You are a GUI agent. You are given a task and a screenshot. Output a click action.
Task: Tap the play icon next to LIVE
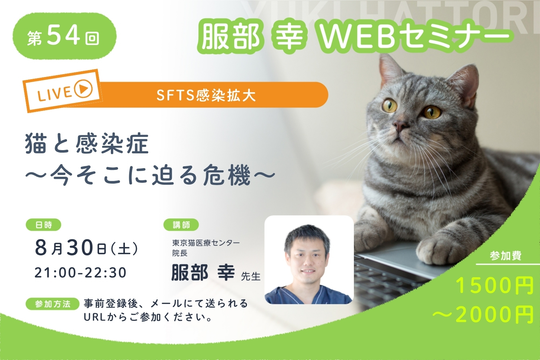click(x=83, y=89)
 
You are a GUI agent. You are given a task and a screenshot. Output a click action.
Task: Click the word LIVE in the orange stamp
click(x=54, y=93)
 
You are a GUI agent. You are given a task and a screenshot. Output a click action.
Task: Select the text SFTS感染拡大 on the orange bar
click(x=206, y=95)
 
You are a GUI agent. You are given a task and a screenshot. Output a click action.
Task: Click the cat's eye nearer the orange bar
click(x=390, y=106)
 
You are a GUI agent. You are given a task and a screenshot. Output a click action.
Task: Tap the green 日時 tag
click(x=44, y=225)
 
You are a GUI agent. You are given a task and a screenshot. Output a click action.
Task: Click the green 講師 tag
click(x=181, y=225)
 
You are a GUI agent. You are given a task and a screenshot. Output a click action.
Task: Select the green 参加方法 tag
click(x=53, y=304)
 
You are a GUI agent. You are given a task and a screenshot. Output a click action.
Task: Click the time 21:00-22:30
click(x=81, y=273)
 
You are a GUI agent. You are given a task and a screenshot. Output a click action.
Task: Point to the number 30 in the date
click(x=80, y=248)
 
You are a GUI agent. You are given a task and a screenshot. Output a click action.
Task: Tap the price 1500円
click(x=494, y=285)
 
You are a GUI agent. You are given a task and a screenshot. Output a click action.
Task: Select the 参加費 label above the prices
click(x=506, y=256)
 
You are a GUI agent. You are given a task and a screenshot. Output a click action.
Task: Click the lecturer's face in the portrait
click(x=307, y=258)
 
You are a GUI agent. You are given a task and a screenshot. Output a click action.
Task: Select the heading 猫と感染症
click(x=87, y=145)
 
